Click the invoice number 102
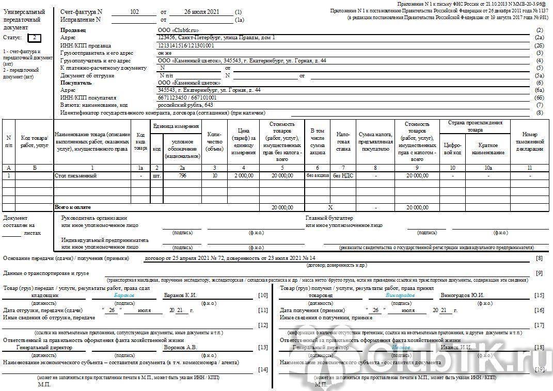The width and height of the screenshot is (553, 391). coord(135,11)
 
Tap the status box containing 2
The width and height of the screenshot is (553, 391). coord(34,38)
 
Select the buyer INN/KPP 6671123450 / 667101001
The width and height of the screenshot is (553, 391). coord(187,97)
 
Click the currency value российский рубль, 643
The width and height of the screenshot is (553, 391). coord(185,105)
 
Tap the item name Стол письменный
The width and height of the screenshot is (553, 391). coord(75,176)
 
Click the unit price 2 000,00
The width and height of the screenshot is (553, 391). coord(243,176)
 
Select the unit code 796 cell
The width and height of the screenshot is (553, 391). coord(182,176)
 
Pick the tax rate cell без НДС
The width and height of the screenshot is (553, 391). coord(343,176)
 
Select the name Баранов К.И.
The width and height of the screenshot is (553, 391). coord(180,296)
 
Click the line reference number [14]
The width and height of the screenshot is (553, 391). coord(263,369)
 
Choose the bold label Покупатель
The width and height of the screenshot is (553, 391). coord(76,83)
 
